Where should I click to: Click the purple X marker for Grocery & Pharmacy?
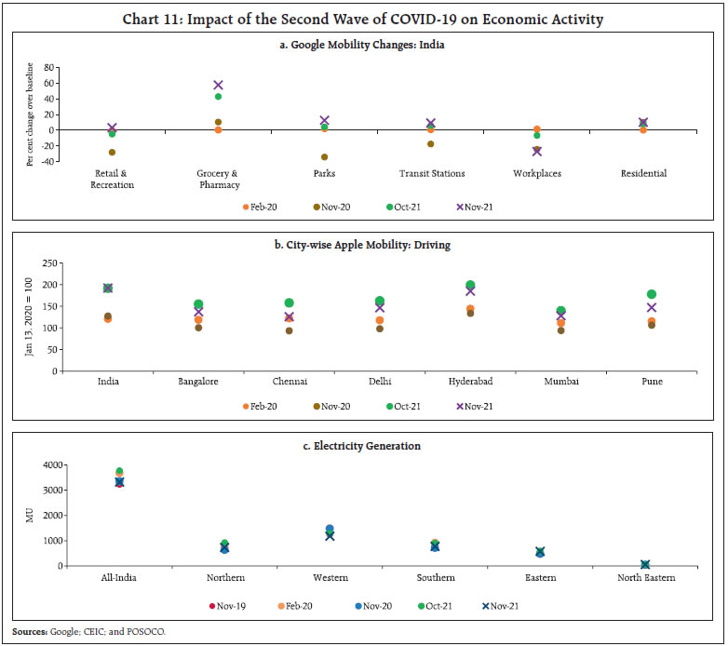[218, 85]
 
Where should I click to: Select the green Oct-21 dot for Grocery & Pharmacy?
[218, 97]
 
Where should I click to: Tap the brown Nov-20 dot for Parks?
[324, 157]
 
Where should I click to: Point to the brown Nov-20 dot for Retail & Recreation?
[112, 152]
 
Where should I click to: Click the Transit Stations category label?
[431, 173]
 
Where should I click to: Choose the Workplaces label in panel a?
[537, 173]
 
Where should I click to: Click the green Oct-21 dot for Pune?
[652, 294]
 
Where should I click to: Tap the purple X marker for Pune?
[652, 307]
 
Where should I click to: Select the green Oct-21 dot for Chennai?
[289, 303]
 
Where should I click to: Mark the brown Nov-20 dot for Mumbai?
[560, 330]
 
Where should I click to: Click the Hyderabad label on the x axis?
[470, 382]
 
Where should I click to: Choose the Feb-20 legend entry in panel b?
[263, 407]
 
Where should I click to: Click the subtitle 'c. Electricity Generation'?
[367, 446]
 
